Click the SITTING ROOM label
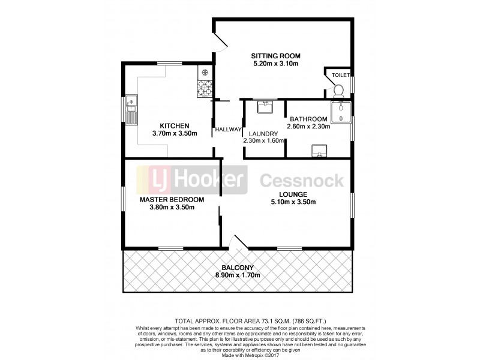click(275, 56)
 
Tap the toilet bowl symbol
click(338, 91)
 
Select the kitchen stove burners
click(205, 88)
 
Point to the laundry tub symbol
click(265, 107)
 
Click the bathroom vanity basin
click(319, 151)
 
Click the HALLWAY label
click(228, 130)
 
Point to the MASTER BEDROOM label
click(172, 200)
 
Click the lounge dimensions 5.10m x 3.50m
click(293, 202)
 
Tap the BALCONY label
click(238, 268)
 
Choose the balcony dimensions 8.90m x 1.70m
click(238, 275)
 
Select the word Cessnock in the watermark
click(301, 180)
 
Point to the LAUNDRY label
click(263, 133)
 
